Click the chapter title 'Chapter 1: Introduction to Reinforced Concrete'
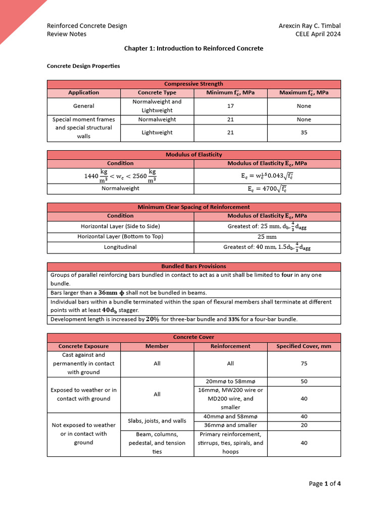point(193,49)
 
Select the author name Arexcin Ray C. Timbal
point(309,26)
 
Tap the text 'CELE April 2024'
point(318,34)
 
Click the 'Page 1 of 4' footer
point(324,484)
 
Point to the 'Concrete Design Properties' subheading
point(83,66)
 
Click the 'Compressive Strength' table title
point(193,84)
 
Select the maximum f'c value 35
point(304,133)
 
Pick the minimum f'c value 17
point(230,106)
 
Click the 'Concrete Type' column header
point(157,93)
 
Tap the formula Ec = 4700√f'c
point(267,189)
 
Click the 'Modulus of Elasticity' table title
point(193,154)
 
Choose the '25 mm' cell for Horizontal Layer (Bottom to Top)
point(267,237)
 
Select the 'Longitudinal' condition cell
point(120,247)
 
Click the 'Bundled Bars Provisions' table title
point(193,266)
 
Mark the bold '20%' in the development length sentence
point(153,319)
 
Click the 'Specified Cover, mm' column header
point(304,347)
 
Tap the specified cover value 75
point(304,364)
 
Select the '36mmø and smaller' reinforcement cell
point(230,425)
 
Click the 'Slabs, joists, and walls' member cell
point(157,421)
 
